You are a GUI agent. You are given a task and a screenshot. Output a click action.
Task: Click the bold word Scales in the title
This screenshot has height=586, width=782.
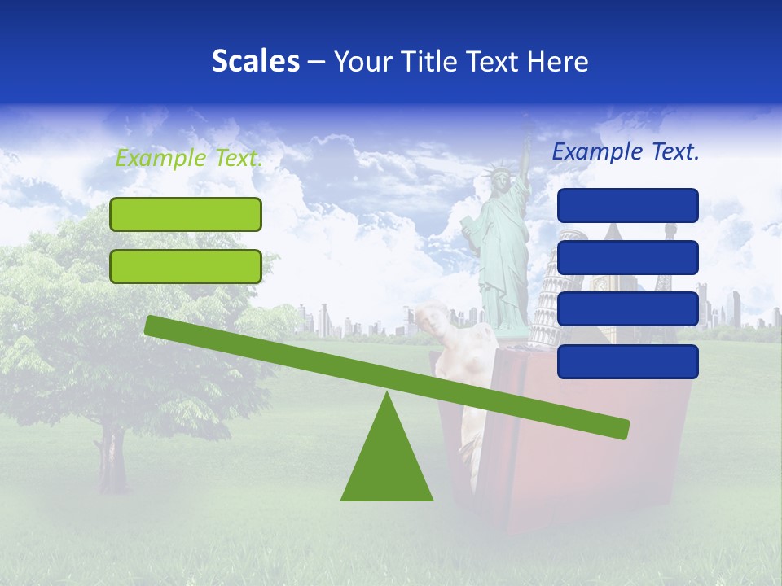coord(255,62)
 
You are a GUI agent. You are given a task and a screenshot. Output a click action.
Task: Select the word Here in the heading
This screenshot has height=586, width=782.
coord(558,62)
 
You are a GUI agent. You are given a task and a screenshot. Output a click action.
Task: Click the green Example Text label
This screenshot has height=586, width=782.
coord(189,159)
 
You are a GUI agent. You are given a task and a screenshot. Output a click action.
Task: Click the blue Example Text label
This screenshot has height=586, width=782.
coord(626,151)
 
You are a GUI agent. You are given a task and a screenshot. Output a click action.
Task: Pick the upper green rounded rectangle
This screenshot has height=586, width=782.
coord(186,214)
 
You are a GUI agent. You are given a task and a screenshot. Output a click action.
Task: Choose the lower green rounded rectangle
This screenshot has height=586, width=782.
coord(186,266)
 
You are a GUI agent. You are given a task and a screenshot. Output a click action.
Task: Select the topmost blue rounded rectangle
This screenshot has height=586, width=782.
coord(627,205)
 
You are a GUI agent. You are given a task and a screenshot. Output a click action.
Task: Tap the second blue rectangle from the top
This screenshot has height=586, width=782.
coord(627,257)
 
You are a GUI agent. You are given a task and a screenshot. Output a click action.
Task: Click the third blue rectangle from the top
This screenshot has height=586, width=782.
coord(627,309)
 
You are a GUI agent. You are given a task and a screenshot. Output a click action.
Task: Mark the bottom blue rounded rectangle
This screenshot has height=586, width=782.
coord(627,361)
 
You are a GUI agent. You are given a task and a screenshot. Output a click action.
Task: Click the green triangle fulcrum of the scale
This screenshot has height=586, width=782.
coord(387,456)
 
